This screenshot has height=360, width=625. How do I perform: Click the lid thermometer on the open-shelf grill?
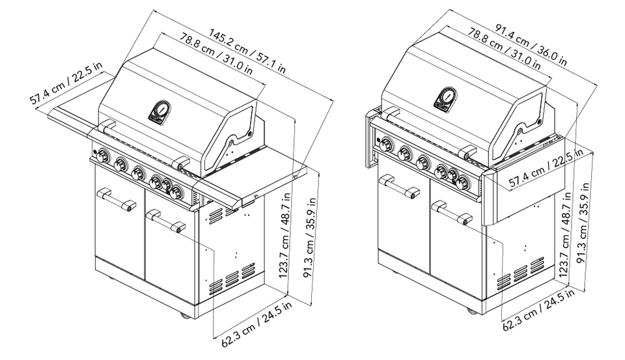(x=158, y=112)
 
